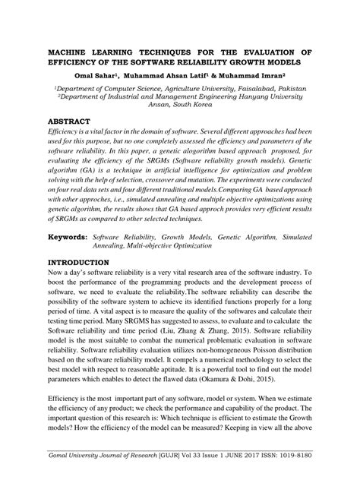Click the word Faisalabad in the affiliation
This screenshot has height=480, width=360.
[261, 88]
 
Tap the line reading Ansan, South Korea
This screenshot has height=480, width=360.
[180, 106]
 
